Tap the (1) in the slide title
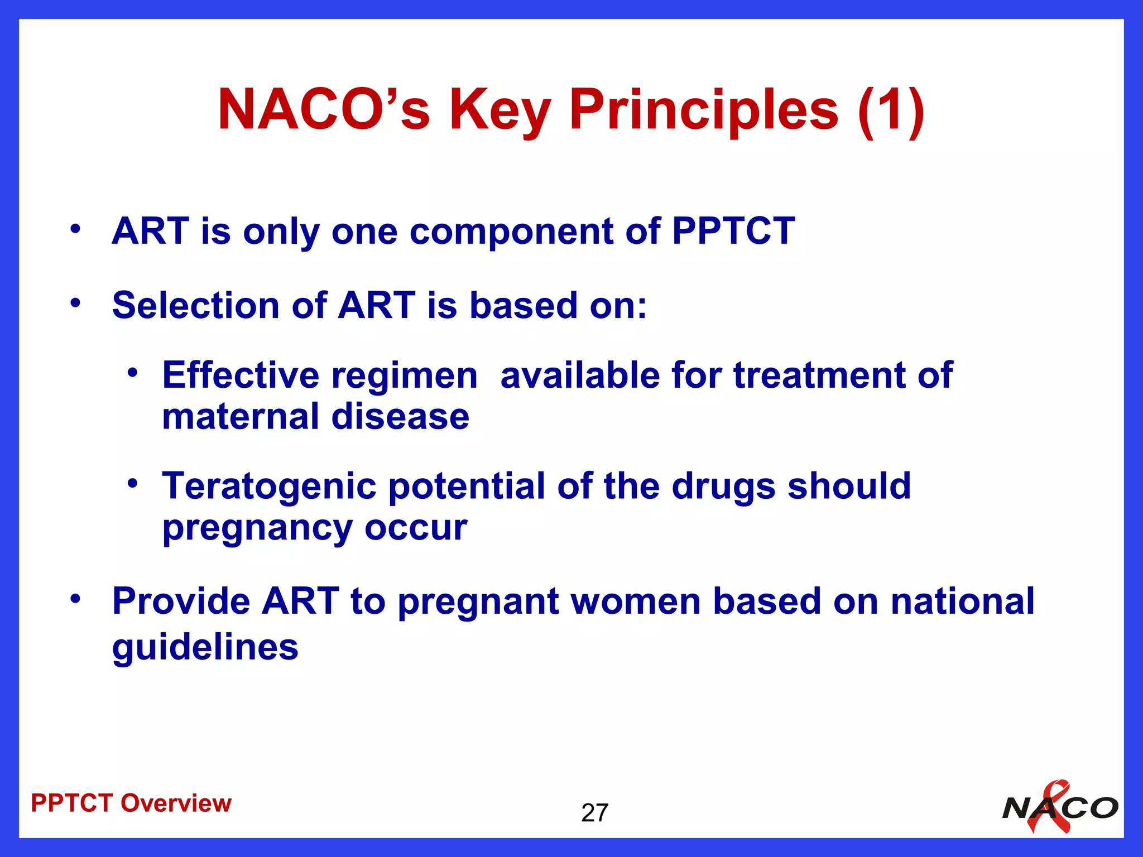pyautogui.click(x=891, y=110)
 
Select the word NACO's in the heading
pyautogui.click(x=324, y=110)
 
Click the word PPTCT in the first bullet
pyautogui.click(x=733, y=231)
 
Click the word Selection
pyautogui.click(x=195, y=306)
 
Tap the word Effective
pyautogui.click(x=241, y=375)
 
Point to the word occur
pyautogui.click(x=416, y=528)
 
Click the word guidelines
pyautogui.click(x=205, y=647)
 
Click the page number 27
pyautogui.click(x=594, y=813)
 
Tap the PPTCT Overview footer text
pyautogui.click(x=131, y=803)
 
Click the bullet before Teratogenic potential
pyautogui.click(x=132, y=483)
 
